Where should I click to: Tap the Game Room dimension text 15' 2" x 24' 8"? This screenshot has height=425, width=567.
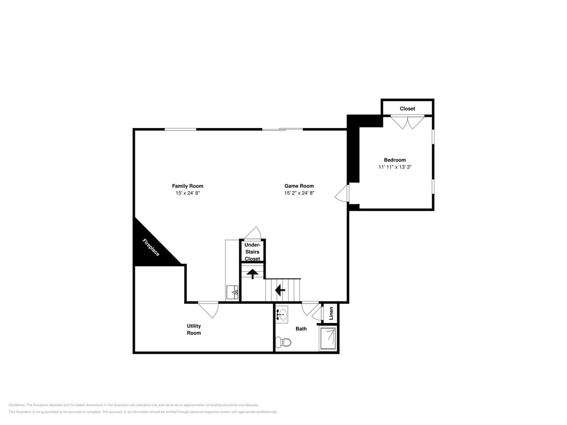pos(299,193)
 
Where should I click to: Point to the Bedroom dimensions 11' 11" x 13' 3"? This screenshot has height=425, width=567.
pos(395,167)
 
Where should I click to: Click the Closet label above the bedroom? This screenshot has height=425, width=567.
pos(407,109)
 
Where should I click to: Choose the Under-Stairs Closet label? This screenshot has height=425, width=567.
pos(252,252)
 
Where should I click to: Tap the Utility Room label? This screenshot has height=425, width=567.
pos(194,329)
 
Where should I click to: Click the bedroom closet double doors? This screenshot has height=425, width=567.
pos(407,122)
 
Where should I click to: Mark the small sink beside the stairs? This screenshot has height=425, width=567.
pos(232,292)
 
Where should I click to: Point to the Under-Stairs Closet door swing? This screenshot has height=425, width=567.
pos(253,233)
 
